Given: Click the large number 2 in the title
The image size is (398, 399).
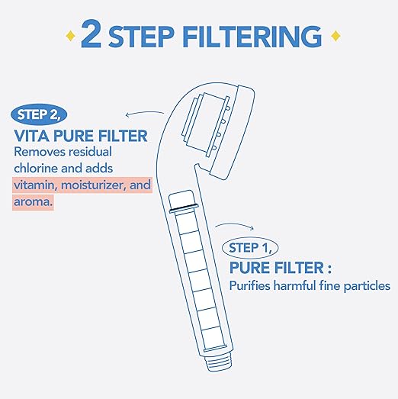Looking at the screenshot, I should coord(89,36).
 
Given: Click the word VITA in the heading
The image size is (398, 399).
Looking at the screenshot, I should coord(31,135).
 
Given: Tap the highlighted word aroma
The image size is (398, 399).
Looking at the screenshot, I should coord(32,203).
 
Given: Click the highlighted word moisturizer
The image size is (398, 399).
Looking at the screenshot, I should coord(87,185).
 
